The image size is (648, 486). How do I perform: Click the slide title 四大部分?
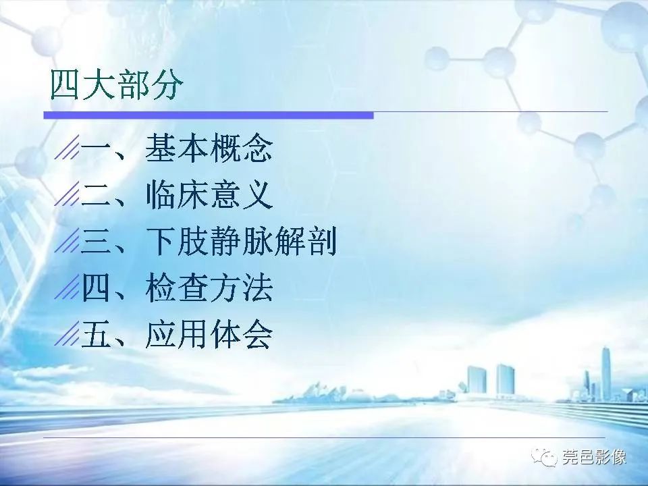(115, 86)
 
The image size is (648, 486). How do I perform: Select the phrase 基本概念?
(209, 149)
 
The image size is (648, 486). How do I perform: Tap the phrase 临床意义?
(209, 196)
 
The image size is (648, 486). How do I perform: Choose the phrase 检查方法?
(209, 289)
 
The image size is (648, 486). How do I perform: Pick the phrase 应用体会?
(209, 335)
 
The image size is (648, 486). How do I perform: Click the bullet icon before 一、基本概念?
(66, 150)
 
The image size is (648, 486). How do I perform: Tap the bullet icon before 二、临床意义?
(66, 196)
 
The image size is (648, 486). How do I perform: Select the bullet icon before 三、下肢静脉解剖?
(66, 243)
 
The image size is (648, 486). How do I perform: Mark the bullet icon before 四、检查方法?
(66, 290)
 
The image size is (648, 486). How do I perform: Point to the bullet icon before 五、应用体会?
(66, 335)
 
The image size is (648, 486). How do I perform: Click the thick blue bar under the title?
(209, 115)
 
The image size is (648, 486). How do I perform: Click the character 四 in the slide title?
(65, 86)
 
